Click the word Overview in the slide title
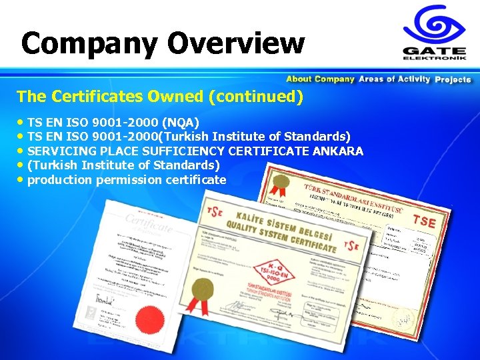[236, 44]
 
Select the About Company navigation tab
[320, 79]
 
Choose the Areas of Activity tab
[394, 79]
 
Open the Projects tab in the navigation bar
[453, 79]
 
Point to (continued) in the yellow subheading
[256, 97]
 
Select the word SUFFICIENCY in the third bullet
[184, 151]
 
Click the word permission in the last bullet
[128, 180]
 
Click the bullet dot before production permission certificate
[22, 180]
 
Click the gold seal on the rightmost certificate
[281, 181]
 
